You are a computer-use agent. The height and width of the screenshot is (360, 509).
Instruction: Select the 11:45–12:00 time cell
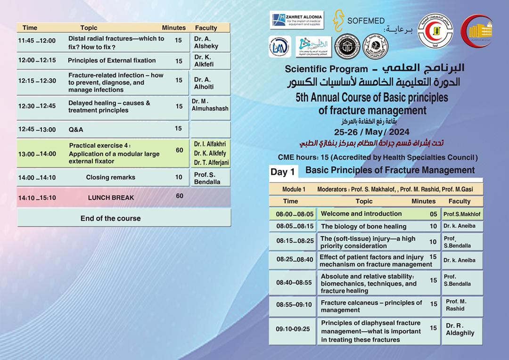point(37,41)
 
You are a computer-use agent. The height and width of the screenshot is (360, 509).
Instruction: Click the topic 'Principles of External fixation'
point(112,60)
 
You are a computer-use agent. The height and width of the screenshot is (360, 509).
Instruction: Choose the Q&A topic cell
point(76,130)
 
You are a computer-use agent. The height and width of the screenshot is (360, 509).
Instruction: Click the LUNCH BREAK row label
point(111,198)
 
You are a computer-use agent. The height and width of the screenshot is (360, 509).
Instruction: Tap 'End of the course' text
point(110,218)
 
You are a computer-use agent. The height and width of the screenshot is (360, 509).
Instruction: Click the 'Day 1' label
point(282,172)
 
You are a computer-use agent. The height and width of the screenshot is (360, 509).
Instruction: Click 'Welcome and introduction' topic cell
point(361,214)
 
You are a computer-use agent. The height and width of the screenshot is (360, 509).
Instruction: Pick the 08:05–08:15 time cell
point(295,226)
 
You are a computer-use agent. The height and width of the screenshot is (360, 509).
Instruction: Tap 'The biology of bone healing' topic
point(363,227)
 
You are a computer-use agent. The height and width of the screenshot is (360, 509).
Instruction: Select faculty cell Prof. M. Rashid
point(456,305)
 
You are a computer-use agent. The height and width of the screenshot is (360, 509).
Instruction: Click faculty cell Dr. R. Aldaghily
point(460,329)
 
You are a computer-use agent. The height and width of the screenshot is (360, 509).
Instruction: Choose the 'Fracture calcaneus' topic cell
point(371,306)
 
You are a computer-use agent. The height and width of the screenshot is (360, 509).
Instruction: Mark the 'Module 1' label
point(294,189)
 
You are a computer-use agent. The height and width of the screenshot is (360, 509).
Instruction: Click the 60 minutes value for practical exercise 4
point(179,150)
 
